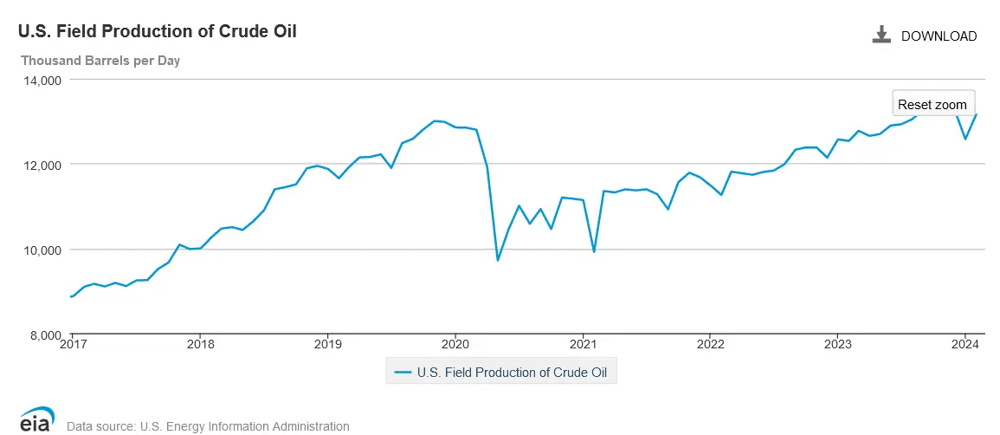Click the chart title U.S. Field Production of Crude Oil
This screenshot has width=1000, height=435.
tap(158, 32)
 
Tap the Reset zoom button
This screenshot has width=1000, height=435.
tap(932, 104)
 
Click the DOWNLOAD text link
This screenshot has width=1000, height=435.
tap(939, 36)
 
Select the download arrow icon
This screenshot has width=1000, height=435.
tap(881, 35)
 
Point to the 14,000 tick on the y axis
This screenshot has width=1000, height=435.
tap(41, 80)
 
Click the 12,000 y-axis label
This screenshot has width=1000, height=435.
tap(41, 165)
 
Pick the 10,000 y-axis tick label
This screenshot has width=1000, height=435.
tap(41, 250)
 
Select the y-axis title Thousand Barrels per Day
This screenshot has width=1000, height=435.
tap(100, 61)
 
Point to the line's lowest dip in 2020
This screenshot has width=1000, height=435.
tap(498, 260)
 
